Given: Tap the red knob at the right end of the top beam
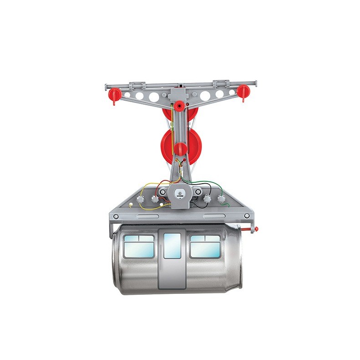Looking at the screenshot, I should [243, 91].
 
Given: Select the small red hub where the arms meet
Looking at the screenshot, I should [180, 106].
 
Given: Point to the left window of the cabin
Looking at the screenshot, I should [139, 247].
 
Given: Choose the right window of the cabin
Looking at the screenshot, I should [205, 247].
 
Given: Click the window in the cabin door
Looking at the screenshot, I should [172, 246].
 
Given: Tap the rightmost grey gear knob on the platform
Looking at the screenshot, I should [221, 199].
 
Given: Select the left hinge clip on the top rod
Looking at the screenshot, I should [137, 85].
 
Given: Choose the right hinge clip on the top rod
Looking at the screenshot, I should [221, 83].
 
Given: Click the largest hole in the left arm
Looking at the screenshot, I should [154, 97].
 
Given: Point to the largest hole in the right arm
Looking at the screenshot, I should [206, 95].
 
